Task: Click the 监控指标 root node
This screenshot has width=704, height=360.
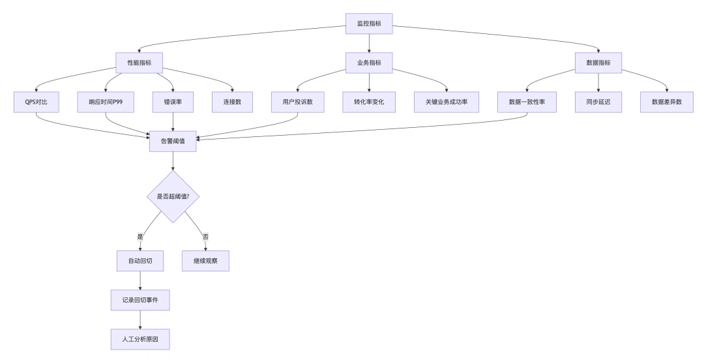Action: pyautogui.click(x=369, y=23)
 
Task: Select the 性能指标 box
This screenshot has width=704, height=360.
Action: pyautogui.click(x=139, y=63)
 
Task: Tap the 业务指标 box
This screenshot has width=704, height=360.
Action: pyautogui.click(x=369, y=63)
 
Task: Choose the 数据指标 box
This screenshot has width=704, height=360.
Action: pyautogui.click(x=598, y=63)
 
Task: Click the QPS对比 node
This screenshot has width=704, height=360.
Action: pyautogui.click(x=36, y=102)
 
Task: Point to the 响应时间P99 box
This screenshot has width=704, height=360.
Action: pyautogui.click(x=105, y=102)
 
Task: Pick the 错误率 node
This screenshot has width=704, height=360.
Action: pyautogui.click(x=173, y=102)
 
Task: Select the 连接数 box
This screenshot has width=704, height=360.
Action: pyautogui.click(x=232, y=102)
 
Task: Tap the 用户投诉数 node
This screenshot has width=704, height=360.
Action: pyautogui.click(x=297, y=102)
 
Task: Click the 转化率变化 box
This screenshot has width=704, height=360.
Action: pyautogui.click(x=369, y=102)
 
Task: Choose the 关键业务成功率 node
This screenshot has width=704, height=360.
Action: pyautogui.click(x=447, y=102)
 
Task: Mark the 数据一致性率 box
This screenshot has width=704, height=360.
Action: pyautogui.click(x=527, y=102)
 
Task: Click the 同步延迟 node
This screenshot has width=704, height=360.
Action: pyautogui.click(x=598, y=102)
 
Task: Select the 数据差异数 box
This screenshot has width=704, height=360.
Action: pyautogui.click(x=667, y=102)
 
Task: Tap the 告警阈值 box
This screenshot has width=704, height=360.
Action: pyautogui.click(x=173, y=141)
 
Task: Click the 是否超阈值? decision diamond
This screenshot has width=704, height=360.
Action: pyautogui.click(x=173, y=196)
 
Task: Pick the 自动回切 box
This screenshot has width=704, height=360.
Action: pyautogui.click(x=140, y=261)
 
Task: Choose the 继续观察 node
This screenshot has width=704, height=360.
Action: pyautogui.click(x=205, y=261)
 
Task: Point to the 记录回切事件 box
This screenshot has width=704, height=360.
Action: pyautogui.click(x=140, y=300)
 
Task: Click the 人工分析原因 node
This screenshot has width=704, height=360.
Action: pyautogui.click(x=140, y=339)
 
